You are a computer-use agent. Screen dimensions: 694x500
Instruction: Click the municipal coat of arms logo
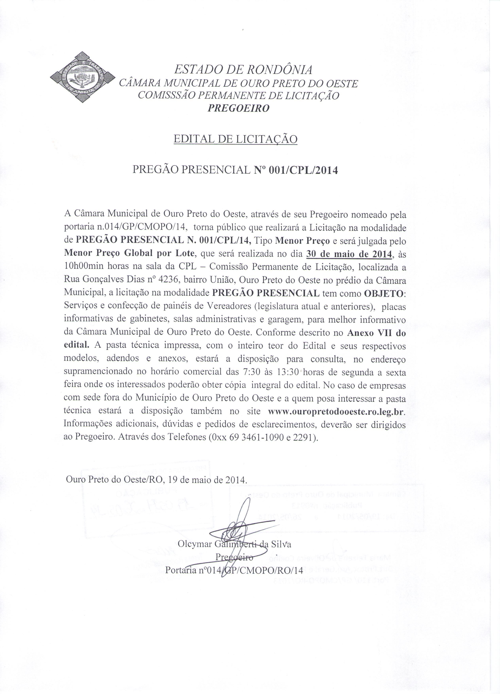(82, 77)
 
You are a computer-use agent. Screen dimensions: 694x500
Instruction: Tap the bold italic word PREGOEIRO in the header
(239, 108)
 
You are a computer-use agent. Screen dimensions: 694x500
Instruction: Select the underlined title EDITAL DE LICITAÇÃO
(236, 139)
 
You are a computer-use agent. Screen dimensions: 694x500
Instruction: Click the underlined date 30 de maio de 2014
(349, 254)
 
